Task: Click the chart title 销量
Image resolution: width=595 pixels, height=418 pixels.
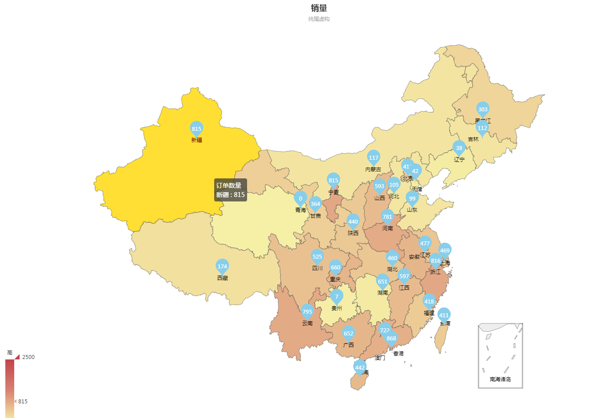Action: pyautogui.click(x=319, y=8)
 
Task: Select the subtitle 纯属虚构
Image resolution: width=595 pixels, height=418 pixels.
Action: pyautogui.click(x=319, y=19)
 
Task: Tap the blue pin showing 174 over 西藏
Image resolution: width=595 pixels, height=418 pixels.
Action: pyautogui.click(x=222, y=266)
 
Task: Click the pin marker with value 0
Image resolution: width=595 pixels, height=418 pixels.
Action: pyautogui.click(x=300, y=198)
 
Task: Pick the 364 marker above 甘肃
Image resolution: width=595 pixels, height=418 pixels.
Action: pyautogui.click(x=315, y=204)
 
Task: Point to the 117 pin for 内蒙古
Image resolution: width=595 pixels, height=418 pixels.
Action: pyautogui.click(x=374, y=158)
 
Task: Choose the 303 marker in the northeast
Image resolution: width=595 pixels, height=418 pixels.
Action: pyautogui.click(x=483, y=109)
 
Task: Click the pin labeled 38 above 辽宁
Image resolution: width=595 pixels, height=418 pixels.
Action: pyautogui.click(x=459, y=148)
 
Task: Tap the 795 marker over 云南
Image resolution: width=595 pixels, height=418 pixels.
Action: pyautogui.click(x=307, y=312)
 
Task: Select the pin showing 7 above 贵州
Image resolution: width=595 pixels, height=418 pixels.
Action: pyautogui.click(x=336, y=296)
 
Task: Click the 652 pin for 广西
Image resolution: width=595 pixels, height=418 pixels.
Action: pyautogui.click(x=348, y=333)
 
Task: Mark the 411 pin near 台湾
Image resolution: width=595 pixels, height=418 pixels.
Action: pyautogui.click(x=444, y=315)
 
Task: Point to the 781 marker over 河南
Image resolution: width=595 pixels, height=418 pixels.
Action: pyautogui.click(x=387, y=217)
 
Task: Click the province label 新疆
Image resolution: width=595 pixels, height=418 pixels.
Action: pyautogui.click(x=196, y=140)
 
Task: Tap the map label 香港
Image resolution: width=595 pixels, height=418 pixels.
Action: pyautogui.click(x=399, y=354)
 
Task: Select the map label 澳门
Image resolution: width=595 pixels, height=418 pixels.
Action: pyautogui.click(x=380, y=358)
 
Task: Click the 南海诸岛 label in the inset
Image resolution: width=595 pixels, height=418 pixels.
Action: pyautogui.click(x=500, y=379)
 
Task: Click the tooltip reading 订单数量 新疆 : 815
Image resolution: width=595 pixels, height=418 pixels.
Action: pyautogui.click(x=230, y=190)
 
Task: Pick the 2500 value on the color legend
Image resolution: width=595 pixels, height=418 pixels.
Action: pyautogui.click(x=28, y=357)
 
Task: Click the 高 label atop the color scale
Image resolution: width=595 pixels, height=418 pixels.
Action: pyautogui.click(x=10, y=353)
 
